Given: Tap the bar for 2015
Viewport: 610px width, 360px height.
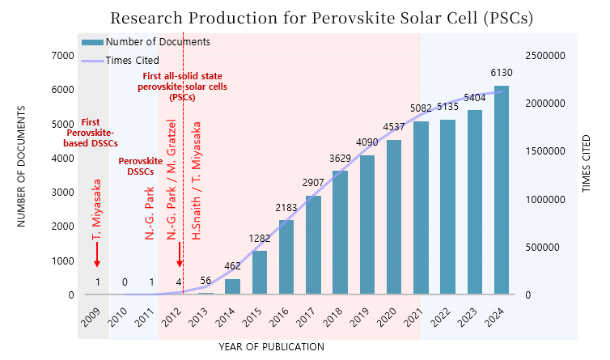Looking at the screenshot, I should tap(259, 273).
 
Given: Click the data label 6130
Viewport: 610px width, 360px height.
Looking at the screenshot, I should tap(502, 74).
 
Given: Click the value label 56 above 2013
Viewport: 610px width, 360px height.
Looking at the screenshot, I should tap(205, 281).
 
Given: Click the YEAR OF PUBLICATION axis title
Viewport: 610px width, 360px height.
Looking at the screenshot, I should tap(271, 346).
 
